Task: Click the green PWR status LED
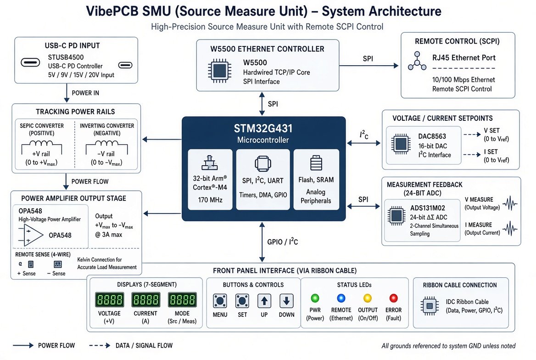(x=315, y=298)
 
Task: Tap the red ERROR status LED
(x=393, y=298)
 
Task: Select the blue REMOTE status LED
(x=341, y=298)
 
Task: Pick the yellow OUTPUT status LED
(x=368, y=298)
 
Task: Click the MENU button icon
(x=220, y=301)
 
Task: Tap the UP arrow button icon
(x=264, y=301)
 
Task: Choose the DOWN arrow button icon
(x=286, y=301)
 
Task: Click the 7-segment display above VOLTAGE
(x=109, y=300)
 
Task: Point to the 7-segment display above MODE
(x=182, y=300)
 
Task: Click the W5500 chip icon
(x=219, y=71)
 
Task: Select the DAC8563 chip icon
(x=401, y=144)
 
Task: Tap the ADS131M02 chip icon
(x=396, y=216)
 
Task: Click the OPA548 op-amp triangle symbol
(x=33, y=235)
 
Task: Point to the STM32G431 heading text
(x=263, y=128)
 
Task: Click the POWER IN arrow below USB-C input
(x=67, y=93)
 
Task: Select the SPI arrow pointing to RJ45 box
(x=369, y=65)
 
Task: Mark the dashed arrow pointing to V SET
(x=472, y=135)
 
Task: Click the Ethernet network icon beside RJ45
(x=417, y=61)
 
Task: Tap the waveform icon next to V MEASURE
(x=510, y=203)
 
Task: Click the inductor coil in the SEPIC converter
(x=41, y=143)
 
